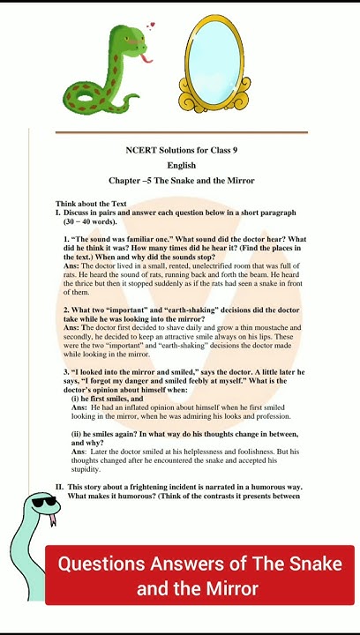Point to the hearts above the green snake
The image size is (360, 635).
pos(149,26)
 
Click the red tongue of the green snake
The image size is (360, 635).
pos(146,59)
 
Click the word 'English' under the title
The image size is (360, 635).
pos(181,165)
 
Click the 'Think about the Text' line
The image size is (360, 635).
pos(91,204)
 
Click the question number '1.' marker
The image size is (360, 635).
pos(67,240)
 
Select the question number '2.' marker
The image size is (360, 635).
pos(67,310)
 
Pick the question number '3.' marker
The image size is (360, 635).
pos(67,372)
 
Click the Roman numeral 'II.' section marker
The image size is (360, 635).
pos(59,487)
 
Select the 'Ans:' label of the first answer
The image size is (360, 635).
pos(71,265)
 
